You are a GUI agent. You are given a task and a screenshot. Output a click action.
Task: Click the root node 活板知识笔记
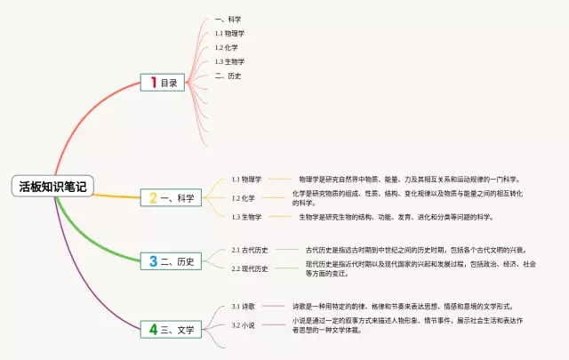click(x=52, y=186)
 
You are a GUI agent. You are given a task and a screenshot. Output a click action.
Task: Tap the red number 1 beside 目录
click(x=153, y=83)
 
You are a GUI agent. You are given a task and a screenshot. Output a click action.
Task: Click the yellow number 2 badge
click(x=153, y=197)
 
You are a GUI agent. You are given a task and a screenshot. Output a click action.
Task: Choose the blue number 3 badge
click(x=153, y=261)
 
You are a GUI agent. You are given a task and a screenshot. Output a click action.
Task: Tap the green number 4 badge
click(x=153, y=330)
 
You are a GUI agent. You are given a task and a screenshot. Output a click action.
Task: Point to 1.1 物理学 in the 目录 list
click(x=229, y=33)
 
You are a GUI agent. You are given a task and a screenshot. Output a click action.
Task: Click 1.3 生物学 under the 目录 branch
click(x=229, y=61)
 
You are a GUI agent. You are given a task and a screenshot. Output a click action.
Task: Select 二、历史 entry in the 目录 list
click(x=228, y=76)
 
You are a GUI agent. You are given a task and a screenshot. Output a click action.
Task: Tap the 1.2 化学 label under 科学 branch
click(x=244, y=197)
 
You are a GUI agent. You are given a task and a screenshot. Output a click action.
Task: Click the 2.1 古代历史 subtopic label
click(x=250, y=250)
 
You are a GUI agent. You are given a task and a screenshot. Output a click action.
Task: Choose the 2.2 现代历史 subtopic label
click(x=250, y=268)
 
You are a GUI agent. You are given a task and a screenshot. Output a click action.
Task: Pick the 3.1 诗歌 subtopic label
click(x=244, y=306)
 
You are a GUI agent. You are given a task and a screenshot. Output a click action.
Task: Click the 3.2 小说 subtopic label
click(x=244, y=325)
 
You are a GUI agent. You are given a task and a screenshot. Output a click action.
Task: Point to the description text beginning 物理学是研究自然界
click(x=409, y=179)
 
